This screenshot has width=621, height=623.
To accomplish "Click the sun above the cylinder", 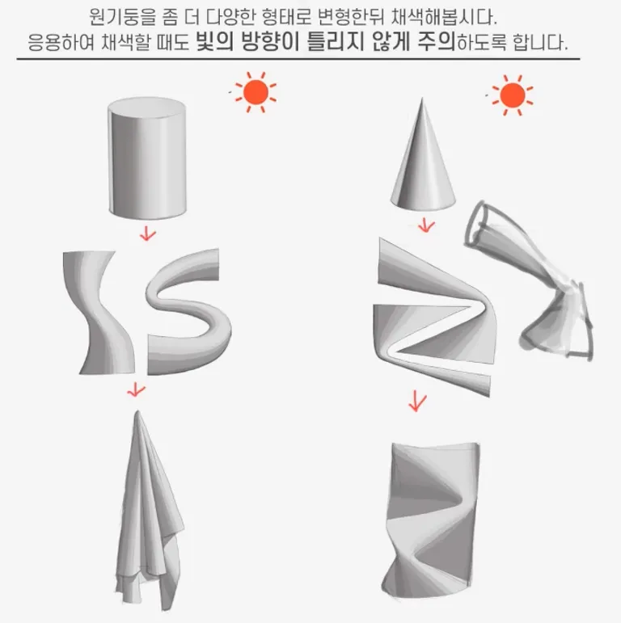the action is pyautogui.click(x=256, y=92).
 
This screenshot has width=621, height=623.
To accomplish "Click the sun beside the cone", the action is pyautogui.click(x=513, y=95).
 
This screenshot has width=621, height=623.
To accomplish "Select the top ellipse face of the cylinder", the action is pyautogui.click(x=146, y=107).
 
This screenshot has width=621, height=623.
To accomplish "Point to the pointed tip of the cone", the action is pyautogui.click(x=422, y=99).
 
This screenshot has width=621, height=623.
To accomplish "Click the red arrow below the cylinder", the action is pyautogui.click(x=147, y=234).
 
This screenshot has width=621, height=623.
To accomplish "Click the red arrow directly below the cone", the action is pyautogui.click(x=426, y=225).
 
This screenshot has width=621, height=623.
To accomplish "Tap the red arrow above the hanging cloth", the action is pyautogui.click(x=136, y=389).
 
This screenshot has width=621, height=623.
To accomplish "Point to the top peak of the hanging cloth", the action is pyautogui.click(x=137, y=411).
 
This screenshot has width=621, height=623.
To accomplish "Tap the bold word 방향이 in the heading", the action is pyautogui.click(x=270, y=41).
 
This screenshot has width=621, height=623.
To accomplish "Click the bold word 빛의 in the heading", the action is pyautogui.click(x=215, y=41).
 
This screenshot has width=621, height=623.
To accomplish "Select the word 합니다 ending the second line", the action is pyautogui.click(x=539, y=42).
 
